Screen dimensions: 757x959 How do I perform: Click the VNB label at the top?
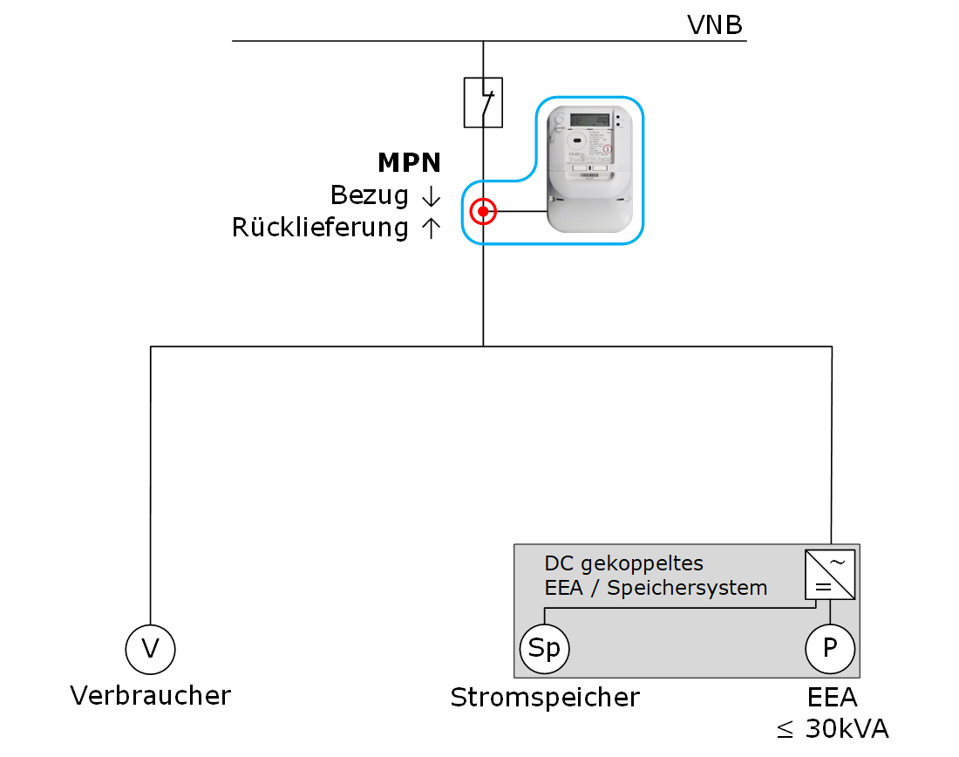715,25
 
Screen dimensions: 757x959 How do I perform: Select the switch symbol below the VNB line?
483,103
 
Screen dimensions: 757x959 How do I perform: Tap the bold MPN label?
409,162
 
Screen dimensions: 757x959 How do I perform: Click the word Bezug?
370,196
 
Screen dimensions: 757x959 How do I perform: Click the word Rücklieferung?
320,228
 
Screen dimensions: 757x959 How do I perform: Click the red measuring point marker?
483,212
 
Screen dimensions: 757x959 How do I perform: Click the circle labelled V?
151,649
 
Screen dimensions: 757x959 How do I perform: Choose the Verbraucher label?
151,696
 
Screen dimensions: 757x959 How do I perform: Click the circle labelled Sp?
545,649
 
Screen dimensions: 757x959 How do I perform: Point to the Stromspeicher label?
545,698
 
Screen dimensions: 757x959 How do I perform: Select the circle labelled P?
830,649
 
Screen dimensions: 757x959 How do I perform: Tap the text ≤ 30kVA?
833,729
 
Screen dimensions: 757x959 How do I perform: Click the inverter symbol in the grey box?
830,574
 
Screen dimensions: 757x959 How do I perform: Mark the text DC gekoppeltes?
623,563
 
